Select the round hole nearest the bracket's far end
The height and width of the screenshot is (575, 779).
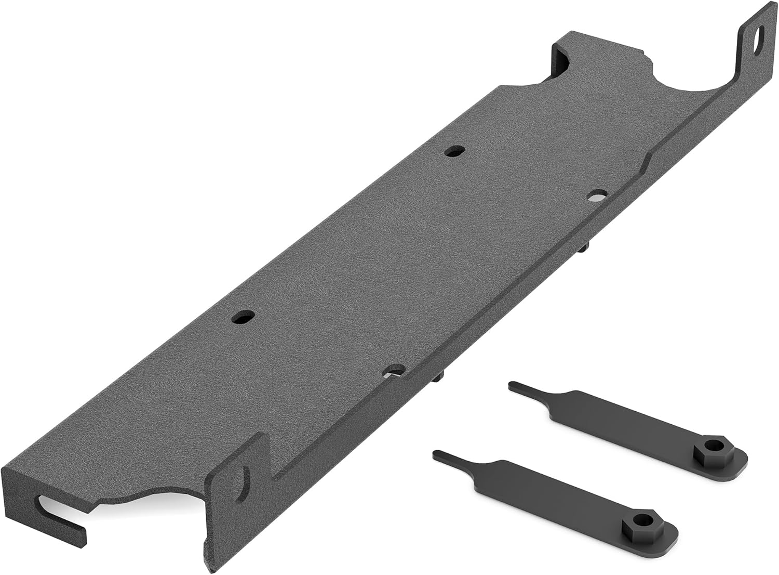(x=455, y=151)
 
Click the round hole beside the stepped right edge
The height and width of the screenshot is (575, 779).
(x=598, y=195)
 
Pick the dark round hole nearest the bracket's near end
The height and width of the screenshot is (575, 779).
(x=243, y=316)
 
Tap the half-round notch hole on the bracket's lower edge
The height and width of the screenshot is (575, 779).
(x=396, y=370)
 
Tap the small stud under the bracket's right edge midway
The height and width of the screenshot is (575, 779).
(x=584, y=249)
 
